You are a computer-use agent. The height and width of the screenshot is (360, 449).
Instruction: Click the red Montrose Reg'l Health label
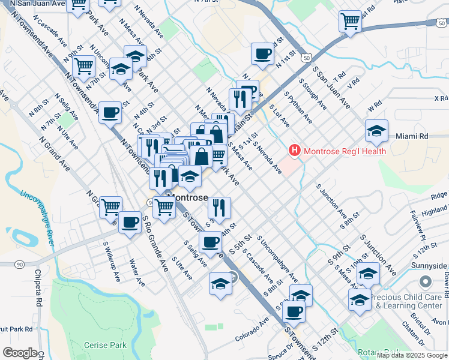pyautogui.click(x=345, y=151)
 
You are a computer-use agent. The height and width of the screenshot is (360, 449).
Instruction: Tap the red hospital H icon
pyautogui.click(x=295, y=150)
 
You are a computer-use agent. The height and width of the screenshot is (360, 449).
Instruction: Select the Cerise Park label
pyautogui.click(x=106, y=345)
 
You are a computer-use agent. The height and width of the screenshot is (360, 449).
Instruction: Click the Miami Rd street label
pyautogui.click(x=412, y=136)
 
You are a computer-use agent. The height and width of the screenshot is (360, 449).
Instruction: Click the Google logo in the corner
pyautogui.click(x=19, y=353)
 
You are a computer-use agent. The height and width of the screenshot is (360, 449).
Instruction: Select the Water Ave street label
pyautogui.click(x=137, y=271)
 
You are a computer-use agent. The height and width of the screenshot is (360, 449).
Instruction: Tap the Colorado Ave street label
pyautogui.click(x=253, y=332)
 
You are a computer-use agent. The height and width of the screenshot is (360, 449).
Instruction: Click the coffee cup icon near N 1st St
pyautogui.click(x=262, y=54)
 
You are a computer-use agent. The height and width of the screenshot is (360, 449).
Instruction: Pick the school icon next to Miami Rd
pyautogui.click(x=376, y=131)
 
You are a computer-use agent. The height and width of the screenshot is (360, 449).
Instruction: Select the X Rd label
pyautogui.click(x=441, y=98)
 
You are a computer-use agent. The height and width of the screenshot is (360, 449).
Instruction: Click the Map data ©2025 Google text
pyautogui.click(x=412, y=355)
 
